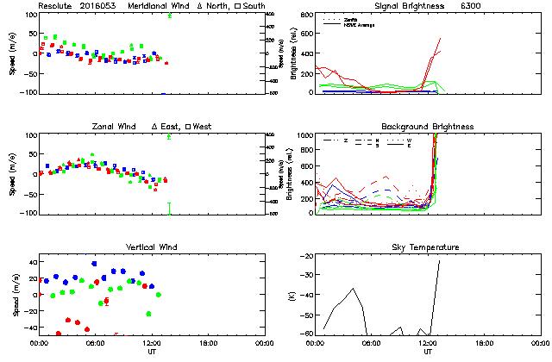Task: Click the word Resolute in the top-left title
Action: point(54,5)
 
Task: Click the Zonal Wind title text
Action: point(115,127)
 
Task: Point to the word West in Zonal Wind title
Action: point(204,127)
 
